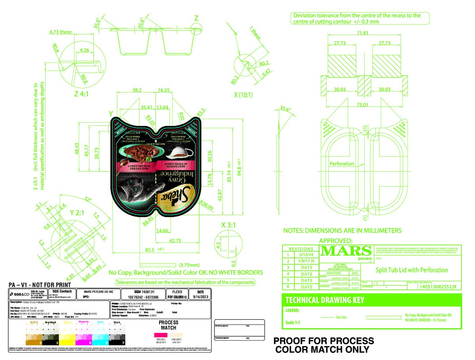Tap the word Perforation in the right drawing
342,164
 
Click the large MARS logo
346,251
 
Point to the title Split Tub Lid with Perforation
412,270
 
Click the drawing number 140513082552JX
438,287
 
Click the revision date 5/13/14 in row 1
306,255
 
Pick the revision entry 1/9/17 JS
307,261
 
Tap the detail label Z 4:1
84,95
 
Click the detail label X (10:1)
243,95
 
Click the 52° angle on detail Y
87,199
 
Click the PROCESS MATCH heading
169,325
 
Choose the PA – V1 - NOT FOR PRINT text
40,285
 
